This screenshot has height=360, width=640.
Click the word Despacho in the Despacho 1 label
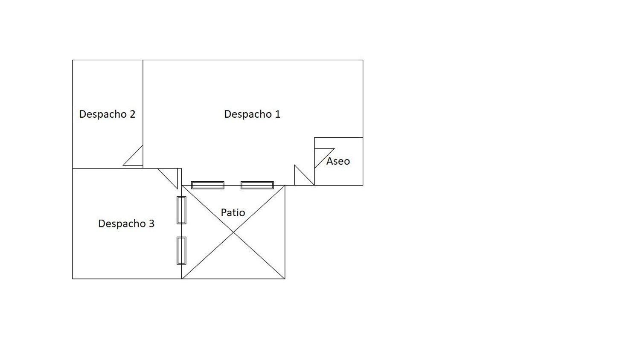(248, 114)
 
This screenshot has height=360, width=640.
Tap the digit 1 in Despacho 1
(277, 114)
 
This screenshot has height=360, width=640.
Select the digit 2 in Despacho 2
(132, 114)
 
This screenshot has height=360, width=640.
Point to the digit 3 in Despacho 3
(151, 224)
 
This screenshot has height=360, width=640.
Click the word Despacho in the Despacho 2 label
(103, 114)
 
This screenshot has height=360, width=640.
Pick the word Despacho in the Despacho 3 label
(122, 224)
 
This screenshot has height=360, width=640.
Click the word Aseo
(338, 161)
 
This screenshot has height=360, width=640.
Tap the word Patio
(233, 212)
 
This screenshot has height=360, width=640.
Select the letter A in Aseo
(330, 161)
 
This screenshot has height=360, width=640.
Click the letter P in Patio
(224, 212)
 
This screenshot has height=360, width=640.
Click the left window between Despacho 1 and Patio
(208, 185)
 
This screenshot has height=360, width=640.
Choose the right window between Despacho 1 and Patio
(257, 185)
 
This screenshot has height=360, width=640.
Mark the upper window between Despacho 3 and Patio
(181, 210)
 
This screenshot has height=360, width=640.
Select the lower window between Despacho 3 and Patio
(181, 250)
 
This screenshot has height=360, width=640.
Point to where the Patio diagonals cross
(233, 232)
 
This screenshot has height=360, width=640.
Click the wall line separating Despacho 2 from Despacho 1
(143, 114)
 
